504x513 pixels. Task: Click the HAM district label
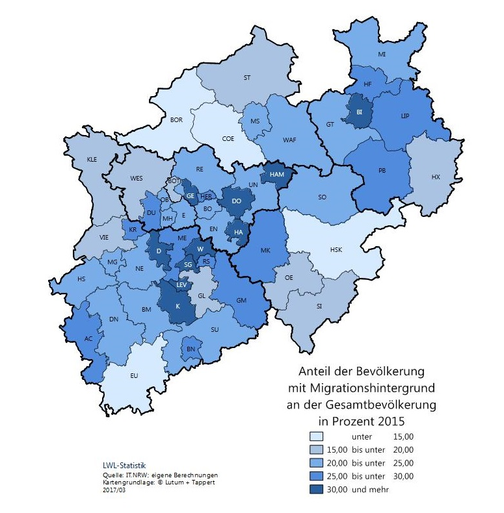pyautogui.click(x=276, y=175)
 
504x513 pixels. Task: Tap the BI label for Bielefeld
pyautogui.click(x=358, y=112)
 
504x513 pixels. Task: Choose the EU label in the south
pyautogui.click(x=135, y=375)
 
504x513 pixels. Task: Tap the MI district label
pyautogui.click(x=382, y=54)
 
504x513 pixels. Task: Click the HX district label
pyautogui.click(x=435, y=176)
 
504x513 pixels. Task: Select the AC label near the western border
pyautogui.click(x=88, y=338)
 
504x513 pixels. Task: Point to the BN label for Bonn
pyautogui.click(x=191, y=349)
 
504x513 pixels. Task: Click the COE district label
pyautogui.click(x=228, y=138)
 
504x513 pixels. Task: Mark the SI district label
pyautogui.click(x=319, y=306)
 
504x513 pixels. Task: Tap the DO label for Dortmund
pyautogui.click(x=237, y=201)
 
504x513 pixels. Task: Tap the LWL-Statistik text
pyautogui.click(x=125, y=465)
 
